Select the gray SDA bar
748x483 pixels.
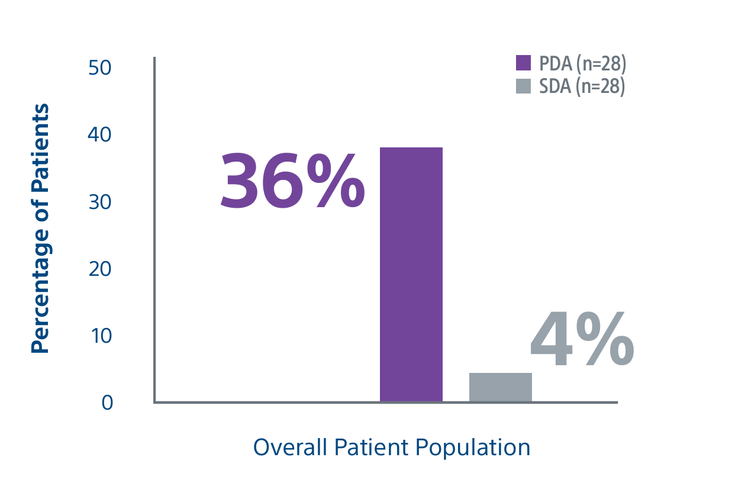[500, 387]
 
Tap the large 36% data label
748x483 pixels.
[292, 181]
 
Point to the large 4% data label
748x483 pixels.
[581, 340]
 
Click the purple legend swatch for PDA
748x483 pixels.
[523, 63]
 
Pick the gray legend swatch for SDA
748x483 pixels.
[523, 86]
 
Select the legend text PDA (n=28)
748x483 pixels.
[582, 63]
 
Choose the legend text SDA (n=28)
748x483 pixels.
[582, 86]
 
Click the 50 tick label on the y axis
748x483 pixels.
[100, 68]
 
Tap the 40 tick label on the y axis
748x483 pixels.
[100, 135]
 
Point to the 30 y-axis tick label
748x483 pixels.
[100, 202]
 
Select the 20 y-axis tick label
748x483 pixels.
[100, 269]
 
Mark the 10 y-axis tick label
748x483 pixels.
[100, 336]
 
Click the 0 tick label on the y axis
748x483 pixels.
[107, 403]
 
